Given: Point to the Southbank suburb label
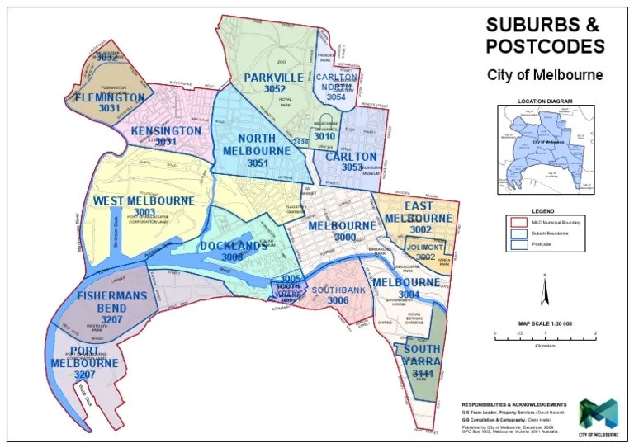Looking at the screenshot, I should pyautogui.click(x=338, y=290).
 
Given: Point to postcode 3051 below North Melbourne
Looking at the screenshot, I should pyautogui.click(x=258, y=163).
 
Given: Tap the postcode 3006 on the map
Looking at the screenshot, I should pyautogui.click(x=338, y=301).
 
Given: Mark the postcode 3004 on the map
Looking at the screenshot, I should pyautogui.click(x=409, y=294).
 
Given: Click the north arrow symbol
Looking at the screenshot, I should pyautogui.click(x=545, y=291).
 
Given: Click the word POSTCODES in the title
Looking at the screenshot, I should pyautogui.click(x=545, y=45).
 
